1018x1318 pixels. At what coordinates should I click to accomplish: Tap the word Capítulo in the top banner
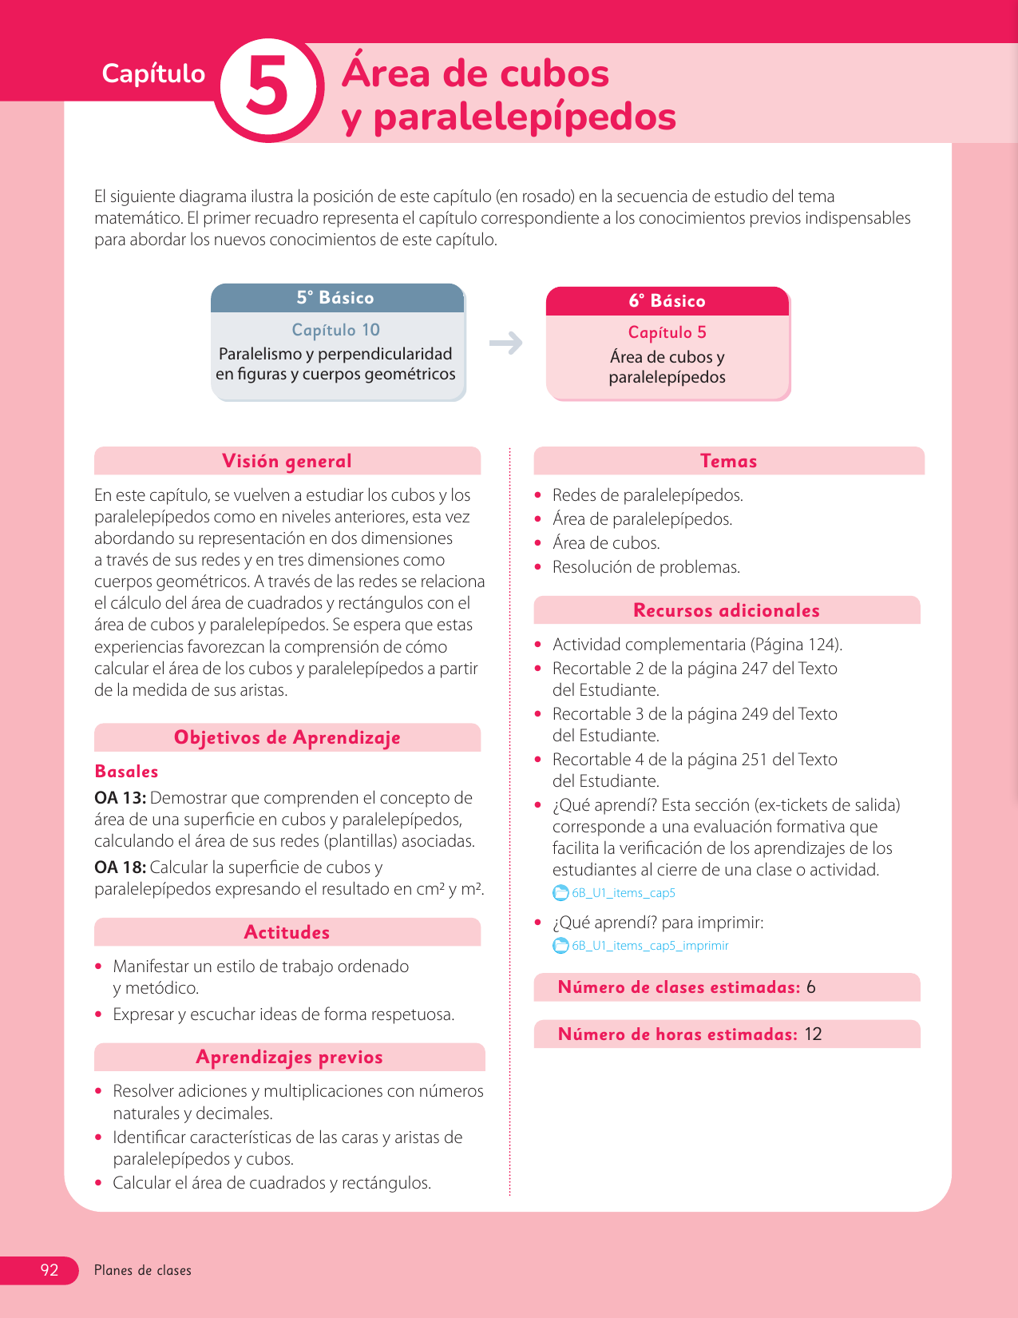pos(153,73)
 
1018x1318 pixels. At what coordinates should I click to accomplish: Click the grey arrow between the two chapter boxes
pos(506,343)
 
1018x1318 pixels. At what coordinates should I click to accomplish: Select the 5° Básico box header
pos(336,298)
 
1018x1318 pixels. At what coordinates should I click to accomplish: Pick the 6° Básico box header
pos(667,301)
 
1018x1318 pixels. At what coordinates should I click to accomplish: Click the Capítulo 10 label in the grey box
pos(336,330)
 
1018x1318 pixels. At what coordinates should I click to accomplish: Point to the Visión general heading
pos(287,461)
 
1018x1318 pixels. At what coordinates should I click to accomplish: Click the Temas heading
pos(728,461)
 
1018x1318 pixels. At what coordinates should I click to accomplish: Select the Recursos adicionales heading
pos(727,610)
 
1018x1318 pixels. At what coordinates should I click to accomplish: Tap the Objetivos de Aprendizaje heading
pos(287,737)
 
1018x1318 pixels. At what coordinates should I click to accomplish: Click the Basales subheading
pos(126,772)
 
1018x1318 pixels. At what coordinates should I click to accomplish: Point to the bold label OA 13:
pos(120,798)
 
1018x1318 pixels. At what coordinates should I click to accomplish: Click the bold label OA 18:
pos(120,867)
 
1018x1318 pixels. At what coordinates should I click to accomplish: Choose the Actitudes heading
pos(287,932)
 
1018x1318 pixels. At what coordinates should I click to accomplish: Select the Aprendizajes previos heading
pos(289,1057)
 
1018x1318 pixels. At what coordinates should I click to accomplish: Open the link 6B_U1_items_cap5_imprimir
pos(650,946)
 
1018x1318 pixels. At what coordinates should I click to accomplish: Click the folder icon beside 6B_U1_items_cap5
pos(561,893)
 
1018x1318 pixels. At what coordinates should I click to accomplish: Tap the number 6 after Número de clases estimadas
pos(811,987)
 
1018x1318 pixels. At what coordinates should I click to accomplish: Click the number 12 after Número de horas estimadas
pos(813,1034)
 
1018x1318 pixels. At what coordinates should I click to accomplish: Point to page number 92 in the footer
pos(50,1270)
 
